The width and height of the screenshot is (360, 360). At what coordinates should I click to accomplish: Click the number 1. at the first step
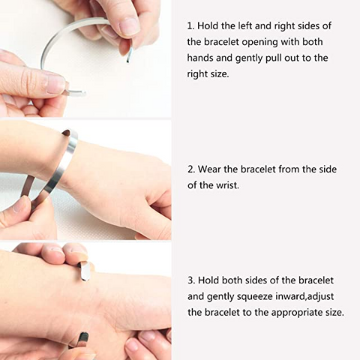(x=190, y=25)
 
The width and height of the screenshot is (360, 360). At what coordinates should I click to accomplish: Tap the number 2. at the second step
(x=191, y=169)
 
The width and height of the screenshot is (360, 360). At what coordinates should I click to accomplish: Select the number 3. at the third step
(x=191, y=280)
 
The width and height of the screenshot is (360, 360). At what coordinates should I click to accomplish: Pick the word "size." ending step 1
(x=218, y=74)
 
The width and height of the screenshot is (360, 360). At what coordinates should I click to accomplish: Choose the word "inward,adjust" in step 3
(x=304, y=296)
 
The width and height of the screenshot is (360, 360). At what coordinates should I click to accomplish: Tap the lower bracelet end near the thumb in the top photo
(x=76, y=92)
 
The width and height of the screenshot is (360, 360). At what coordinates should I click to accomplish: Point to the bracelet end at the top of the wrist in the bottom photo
(x=84, y=270)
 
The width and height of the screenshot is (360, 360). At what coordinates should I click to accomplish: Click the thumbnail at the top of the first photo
(x=127, y=25)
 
